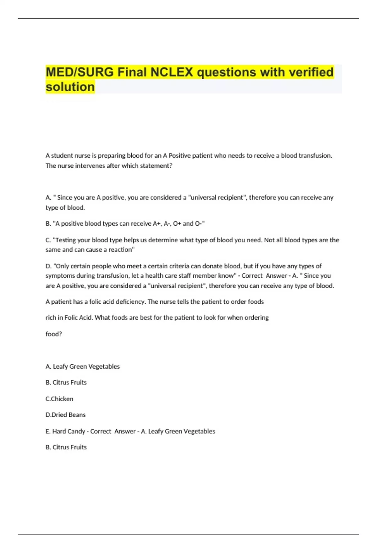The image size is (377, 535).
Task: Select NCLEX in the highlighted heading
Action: tap(172, 72)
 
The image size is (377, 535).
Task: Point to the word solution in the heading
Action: tap(70, 87)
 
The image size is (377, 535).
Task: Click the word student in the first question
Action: tap(62, 155)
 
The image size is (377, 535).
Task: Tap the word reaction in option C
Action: tap(121, 250)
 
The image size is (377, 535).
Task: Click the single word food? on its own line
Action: tap(54, 334)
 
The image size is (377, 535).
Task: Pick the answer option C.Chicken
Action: tap(59, 399)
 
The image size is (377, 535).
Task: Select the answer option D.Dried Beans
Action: tap(65, 415)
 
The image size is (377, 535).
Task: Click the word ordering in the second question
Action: tap(256, 318)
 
